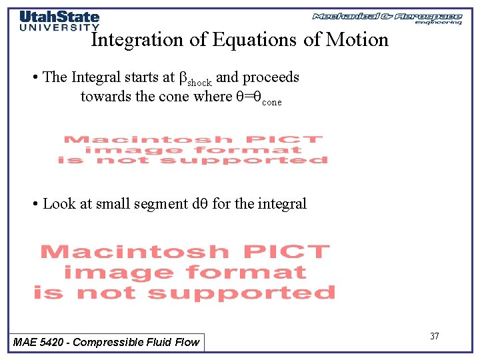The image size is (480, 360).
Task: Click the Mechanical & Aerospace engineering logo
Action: [387, 17]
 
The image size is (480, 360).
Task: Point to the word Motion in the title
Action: [357, 40]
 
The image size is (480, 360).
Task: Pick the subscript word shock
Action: [199, 83]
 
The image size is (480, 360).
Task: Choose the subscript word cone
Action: [271, 103]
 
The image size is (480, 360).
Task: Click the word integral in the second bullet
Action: [282, 204]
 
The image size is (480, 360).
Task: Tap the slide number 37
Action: [434, 336]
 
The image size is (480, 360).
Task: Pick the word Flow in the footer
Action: [187, 343]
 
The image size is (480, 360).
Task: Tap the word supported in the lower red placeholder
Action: [241, 293]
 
